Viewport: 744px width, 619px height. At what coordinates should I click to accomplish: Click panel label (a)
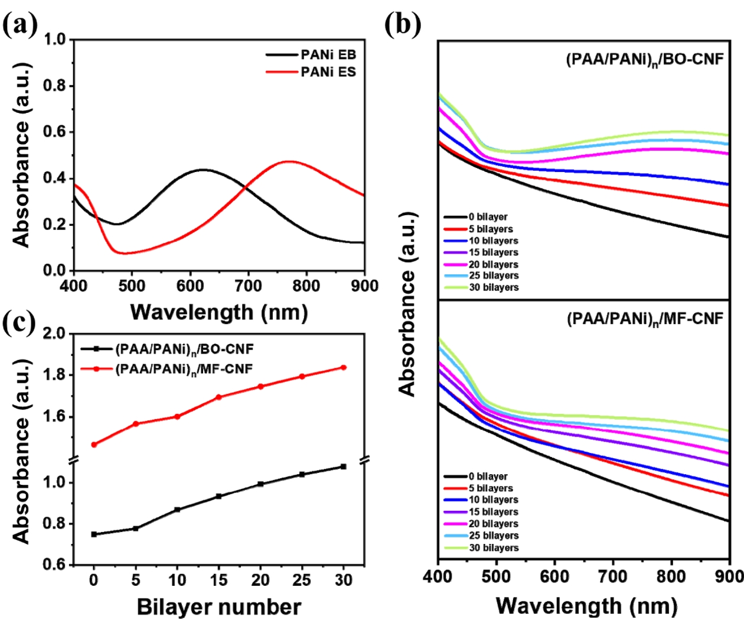(19, 26)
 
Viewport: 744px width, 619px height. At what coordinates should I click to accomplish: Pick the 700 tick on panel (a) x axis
(248, 286)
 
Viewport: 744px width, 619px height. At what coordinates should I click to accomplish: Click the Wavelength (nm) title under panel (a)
(219, 312)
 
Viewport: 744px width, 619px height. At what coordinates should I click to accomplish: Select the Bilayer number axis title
(219, 607)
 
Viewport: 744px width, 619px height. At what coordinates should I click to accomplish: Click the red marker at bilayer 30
(344, 368)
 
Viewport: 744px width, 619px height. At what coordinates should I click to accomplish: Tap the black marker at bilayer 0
(94, 534)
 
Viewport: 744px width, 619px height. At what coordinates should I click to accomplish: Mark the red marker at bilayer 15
(218, 397)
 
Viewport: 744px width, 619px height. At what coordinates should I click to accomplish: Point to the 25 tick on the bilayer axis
(302, 581)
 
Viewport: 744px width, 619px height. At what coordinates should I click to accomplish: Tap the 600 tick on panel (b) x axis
(554, 576)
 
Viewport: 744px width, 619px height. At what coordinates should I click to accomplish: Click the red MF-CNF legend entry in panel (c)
(184, 369)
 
